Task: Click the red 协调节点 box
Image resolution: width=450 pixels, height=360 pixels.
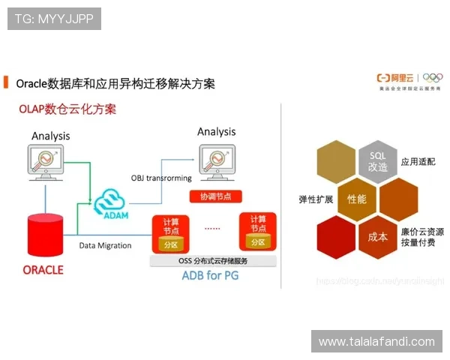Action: (216, 196)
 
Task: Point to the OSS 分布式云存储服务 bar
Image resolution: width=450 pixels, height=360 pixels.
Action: (213, 261)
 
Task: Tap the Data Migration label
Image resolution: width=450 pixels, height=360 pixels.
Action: (105, 245)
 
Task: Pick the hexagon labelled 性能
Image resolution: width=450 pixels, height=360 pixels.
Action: (356, 199)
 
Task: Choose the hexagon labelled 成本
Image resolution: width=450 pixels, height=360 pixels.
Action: (377, 236)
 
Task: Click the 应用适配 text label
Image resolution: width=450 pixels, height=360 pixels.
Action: (418, 161)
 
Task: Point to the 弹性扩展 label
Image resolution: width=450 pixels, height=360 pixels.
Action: (316, 199)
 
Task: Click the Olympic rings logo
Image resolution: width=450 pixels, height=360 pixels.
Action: (433, 77)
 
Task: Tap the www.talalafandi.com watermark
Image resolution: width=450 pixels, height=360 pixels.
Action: (376, 342)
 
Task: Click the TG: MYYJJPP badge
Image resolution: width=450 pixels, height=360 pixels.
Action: (54, 19)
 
